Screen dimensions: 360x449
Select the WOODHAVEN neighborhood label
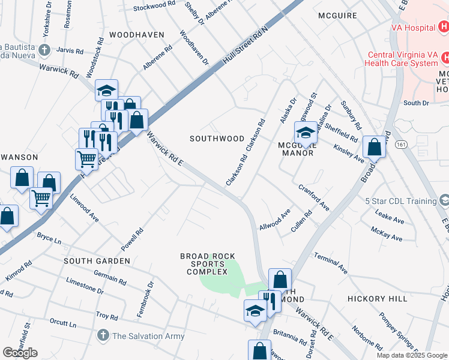(136, 35)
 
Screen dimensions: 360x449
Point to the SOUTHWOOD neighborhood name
(217, 138)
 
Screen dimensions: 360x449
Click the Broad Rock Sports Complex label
(208, 264)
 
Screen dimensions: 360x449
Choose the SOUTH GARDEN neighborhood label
(97, 261)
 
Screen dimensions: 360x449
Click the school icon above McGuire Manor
(305, 132)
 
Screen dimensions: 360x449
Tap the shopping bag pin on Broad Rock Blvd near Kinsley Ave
(375, 146)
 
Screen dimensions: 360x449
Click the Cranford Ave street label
(314, 197)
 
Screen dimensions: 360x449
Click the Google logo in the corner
(20, 353)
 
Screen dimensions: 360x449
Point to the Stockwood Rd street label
(154, 7)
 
